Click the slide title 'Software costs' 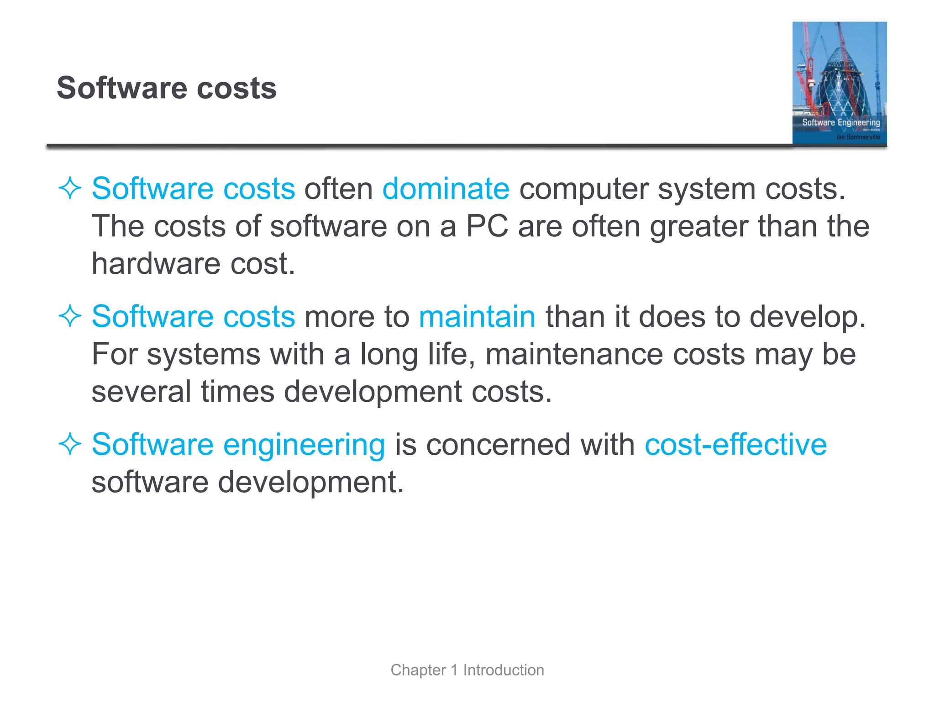click(167, 88)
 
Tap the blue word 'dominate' click(446, 189)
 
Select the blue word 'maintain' click(477, 316)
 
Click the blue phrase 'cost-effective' click(735, 445)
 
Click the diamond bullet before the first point click(70, 188)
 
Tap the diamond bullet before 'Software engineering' click(70, 444)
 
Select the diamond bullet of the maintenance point click(70, 316)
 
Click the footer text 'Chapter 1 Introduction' click(467, 670)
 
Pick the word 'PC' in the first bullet click(487, 226)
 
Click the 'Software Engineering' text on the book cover click(841, 122)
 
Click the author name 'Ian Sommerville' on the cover click(858, 137)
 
